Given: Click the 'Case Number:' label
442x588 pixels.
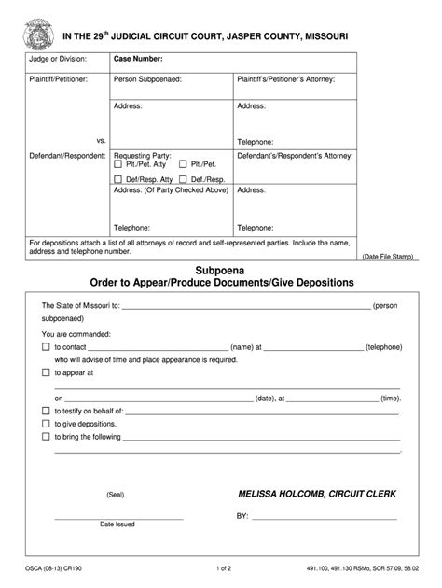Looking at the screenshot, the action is tap(138, 59).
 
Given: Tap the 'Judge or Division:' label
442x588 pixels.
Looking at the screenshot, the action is tap(59, 59).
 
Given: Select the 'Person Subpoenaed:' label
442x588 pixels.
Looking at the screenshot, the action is tap(147, 80).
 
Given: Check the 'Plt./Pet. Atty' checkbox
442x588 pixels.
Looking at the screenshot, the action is tap(118, 164).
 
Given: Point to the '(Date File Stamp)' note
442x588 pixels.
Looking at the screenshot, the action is tap(385, 255).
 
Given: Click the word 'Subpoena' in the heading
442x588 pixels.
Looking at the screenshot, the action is tap(222, 269).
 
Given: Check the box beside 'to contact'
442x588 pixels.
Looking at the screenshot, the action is tap(46, 345).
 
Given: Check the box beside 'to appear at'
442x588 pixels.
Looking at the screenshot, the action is tap(46, 371).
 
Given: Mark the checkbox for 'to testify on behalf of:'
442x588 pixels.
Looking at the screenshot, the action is tap(46, 410).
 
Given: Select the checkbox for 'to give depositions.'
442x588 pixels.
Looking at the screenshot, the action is tap(46, 423).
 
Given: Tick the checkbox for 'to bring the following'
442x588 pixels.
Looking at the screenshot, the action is tap(46, 436).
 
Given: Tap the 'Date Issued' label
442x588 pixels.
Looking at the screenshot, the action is tap(117, 524).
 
